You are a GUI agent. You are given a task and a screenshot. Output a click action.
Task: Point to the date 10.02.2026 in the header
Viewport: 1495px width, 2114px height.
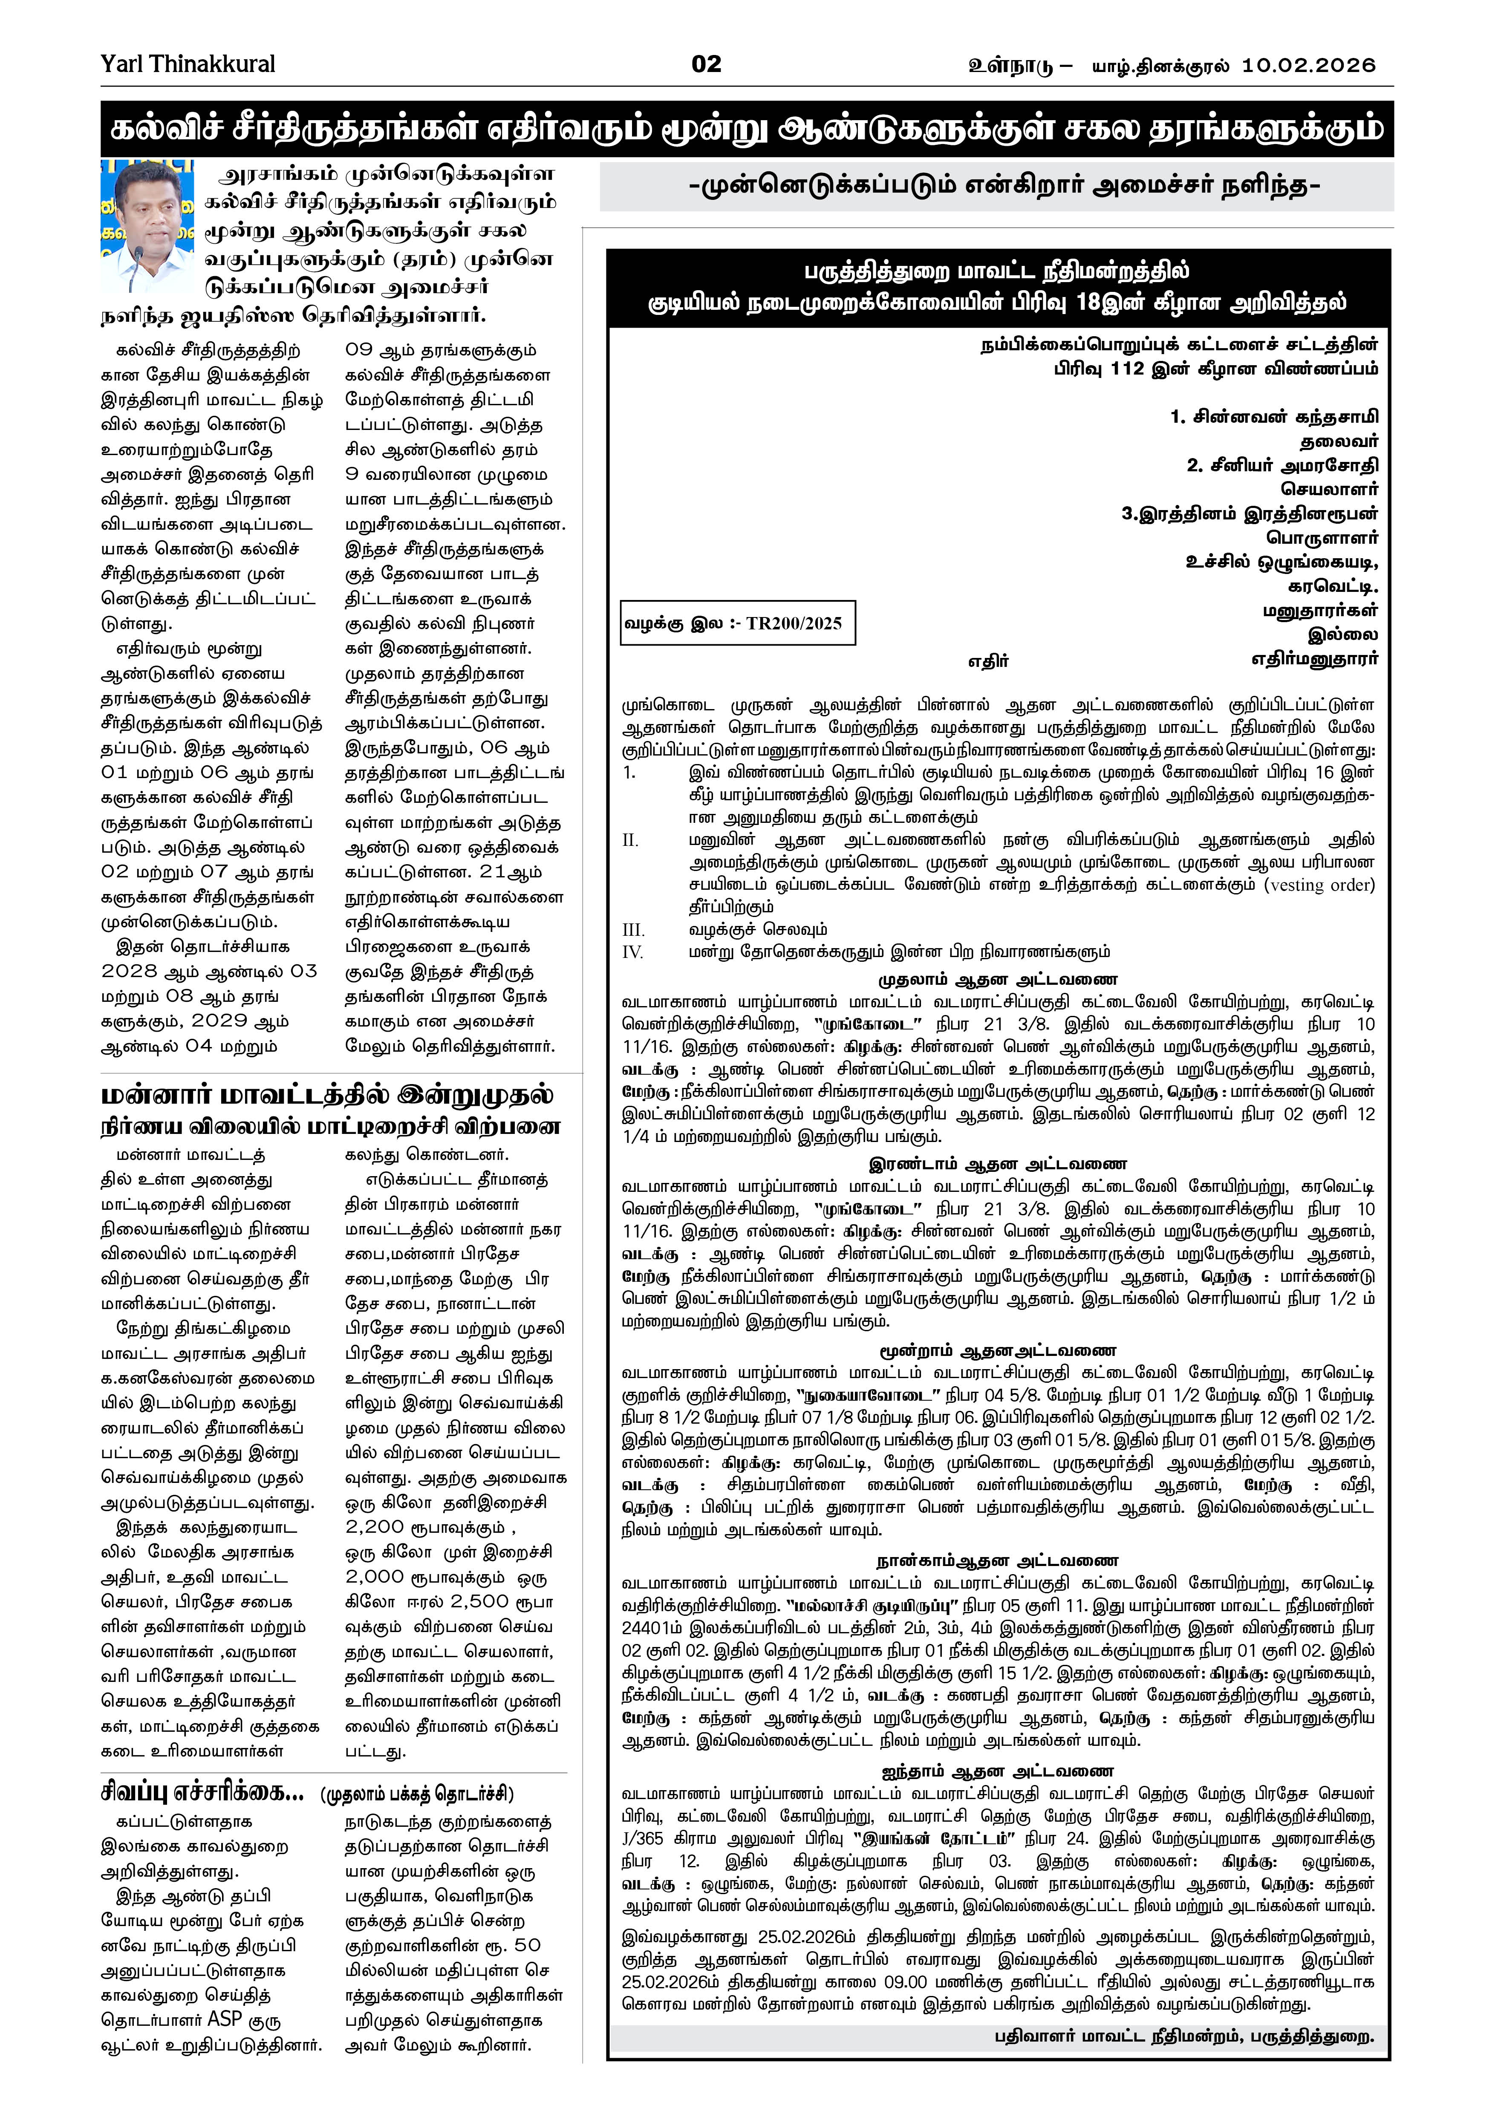tap(1308, 65)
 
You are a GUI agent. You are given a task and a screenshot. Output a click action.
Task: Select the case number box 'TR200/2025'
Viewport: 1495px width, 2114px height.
tap(737, 623)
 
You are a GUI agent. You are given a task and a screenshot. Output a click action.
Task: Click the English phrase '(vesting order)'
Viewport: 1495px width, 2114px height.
tap(1319, 885)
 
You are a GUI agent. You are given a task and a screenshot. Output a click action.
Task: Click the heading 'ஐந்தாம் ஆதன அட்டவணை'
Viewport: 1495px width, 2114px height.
tap(997, 1771)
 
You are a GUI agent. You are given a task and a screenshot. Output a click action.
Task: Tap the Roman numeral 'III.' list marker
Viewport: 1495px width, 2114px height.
tap(633, 930)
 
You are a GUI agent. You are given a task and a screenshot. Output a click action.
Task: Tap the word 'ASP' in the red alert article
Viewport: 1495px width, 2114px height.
tap(225, 2019)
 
